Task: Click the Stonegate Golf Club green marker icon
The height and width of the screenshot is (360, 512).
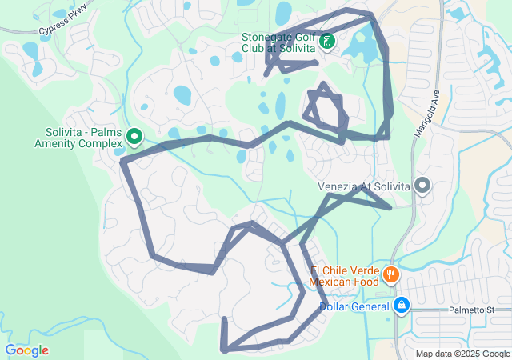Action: coord(327,40)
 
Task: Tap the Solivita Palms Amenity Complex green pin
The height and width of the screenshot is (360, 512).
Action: coord(134,137)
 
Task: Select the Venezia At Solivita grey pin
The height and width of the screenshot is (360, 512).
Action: coord(422,186)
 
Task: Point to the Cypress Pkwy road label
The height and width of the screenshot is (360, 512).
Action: coord(60,30)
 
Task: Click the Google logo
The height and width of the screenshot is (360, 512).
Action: coord(26,350)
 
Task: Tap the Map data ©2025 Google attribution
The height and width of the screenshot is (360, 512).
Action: coord(462,354)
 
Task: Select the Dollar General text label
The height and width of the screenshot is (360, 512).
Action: coord(354,306)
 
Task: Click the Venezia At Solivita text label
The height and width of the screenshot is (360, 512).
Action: coord(363,186)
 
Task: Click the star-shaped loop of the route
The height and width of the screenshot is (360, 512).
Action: coord(326,111)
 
